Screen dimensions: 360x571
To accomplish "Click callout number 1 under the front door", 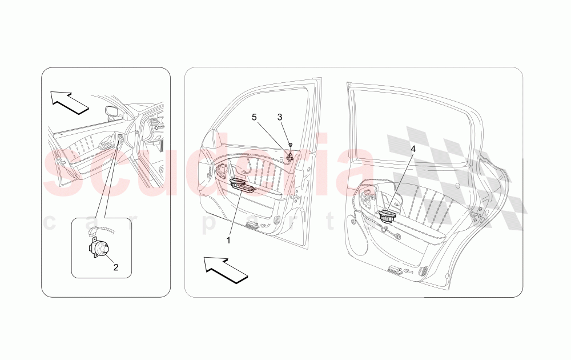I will pyautogui.click(x=228, y=241).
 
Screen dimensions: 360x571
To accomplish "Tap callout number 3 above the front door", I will pyautogui.click(x=280, y=117).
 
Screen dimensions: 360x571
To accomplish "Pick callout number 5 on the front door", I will pyautogui.click(x=254, y=117).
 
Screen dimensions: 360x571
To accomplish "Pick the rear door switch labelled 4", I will pyautogui.click(x=389, y=217).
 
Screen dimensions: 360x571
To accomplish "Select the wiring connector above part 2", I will pyautogui.click(x=95, y=232).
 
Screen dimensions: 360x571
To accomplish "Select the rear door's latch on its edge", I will pyautogui.click(x=475, y=215).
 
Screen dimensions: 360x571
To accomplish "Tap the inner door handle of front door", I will pyautogui.click(x=221, y=170).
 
